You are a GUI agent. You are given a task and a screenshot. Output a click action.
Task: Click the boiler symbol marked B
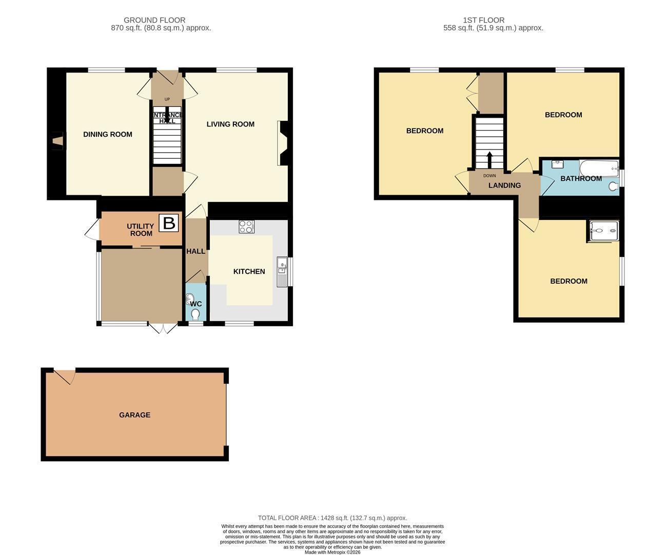point(168,223)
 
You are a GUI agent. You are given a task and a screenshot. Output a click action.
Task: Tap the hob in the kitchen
point(246,227)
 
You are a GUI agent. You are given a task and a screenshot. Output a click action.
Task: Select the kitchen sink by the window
point(282,272)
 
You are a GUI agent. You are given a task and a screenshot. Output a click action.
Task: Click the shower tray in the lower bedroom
point(604,231)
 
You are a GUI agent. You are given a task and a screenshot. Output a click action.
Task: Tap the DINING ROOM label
point(108,134)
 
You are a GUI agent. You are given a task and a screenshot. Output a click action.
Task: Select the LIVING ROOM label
point(230,124)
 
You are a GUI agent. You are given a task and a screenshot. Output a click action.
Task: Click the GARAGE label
point(135,415)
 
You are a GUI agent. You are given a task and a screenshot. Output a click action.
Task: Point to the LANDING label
point(505,186)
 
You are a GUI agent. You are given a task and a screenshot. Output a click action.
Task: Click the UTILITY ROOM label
point(141,230)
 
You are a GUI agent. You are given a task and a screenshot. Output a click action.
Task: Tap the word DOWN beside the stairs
point(490,176)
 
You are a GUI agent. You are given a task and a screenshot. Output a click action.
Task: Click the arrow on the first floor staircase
point(490,160)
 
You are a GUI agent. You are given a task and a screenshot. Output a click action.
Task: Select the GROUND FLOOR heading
point(154,20)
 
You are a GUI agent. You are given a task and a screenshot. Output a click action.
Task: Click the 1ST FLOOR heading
point(484,20)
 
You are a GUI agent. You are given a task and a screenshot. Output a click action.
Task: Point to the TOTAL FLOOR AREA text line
point(332,518)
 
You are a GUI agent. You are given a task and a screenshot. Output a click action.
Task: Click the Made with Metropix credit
point(332,552)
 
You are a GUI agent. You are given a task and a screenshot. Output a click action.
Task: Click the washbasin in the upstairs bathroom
point(558,164)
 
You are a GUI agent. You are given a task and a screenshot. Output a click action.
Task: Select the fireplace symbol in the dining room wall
point(58,141)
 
